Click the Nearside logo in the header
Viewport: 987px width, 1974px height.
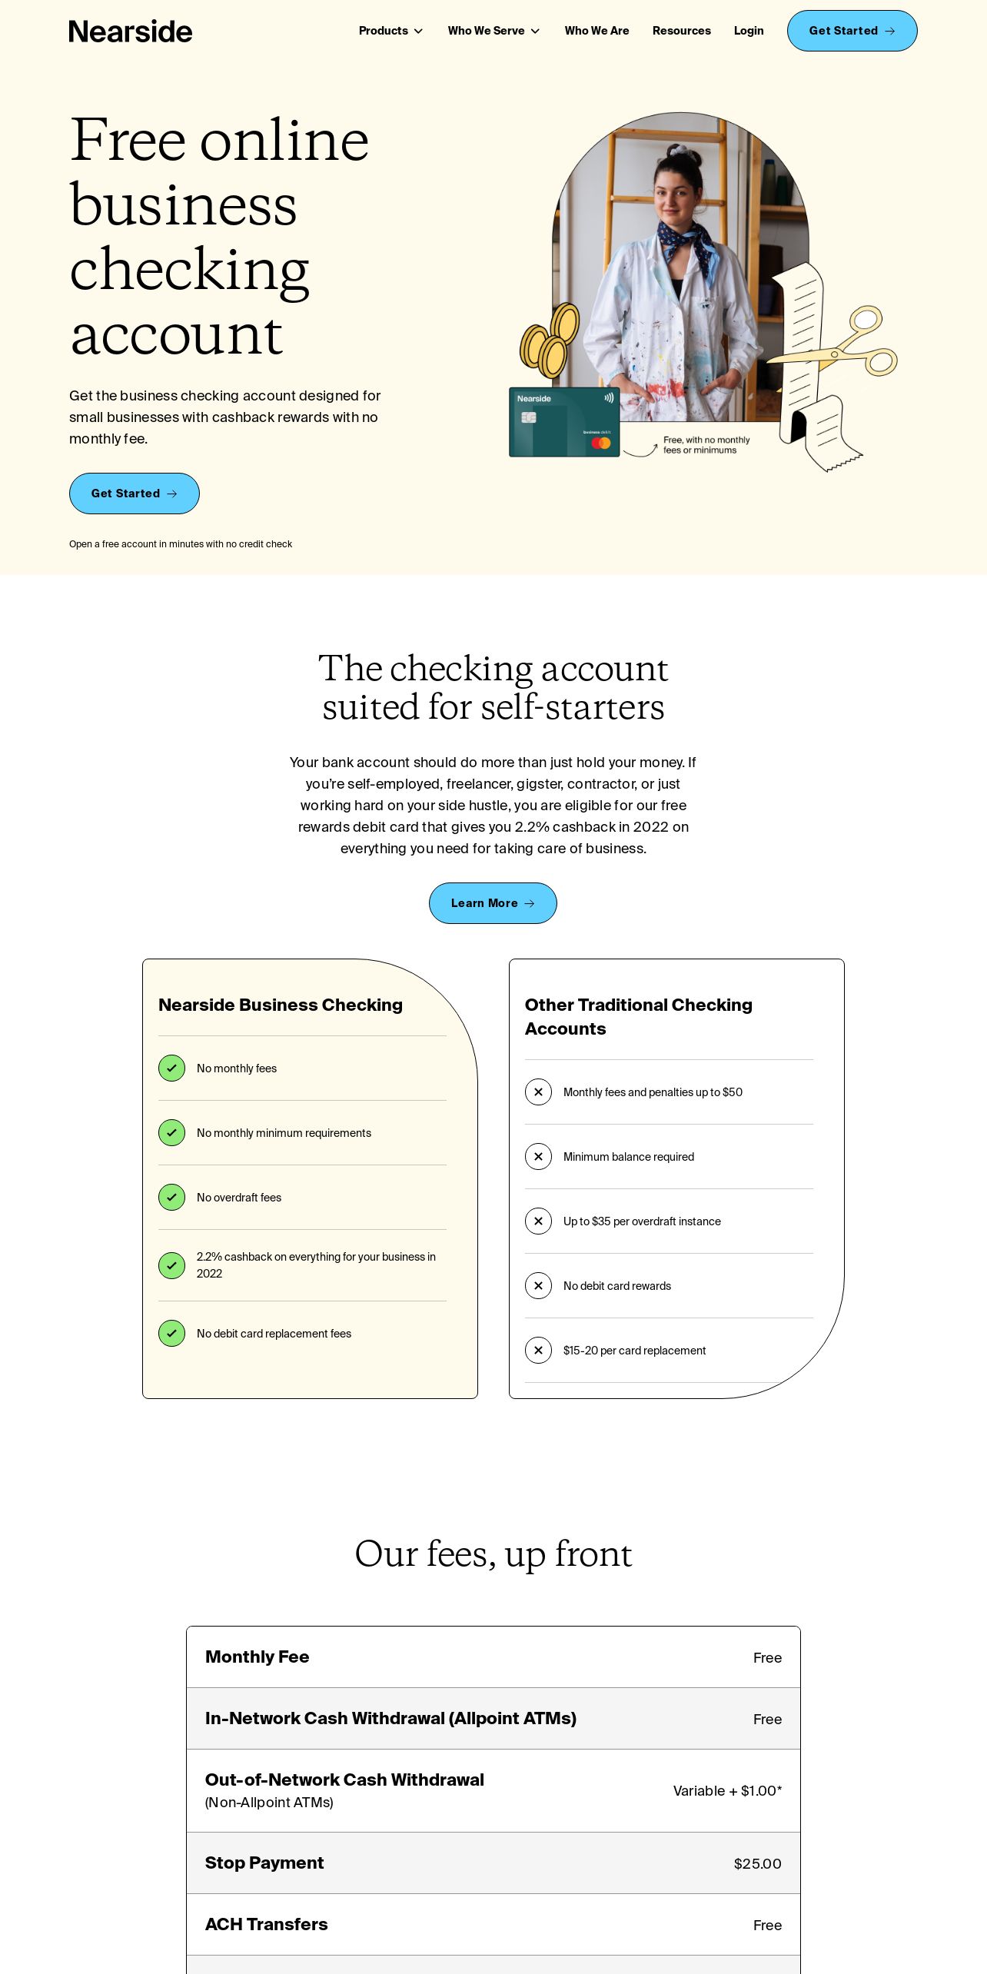click(131, 32)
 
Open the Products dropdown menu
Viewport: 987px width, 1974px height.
click(390, 31)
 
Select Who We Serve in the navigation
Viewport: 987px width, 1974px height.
click(493, 31)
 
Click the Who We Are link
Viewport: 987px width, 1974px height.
click(597, 31)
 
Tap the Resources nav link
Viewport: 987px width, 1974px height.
click(681, 31)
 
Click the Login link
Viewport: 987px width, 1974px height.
click(748, 31)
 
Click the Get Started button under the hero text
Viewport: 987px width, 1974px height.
click(135, 493)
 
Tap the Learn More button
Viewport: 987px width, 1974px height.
click(493, 903)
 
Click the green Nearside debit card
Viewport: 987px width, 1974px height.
click(564, 422)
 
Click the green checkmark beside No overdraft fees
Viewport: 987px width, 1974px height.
click(171, 1198)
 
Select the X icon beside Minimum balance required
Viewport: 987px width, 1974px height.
click(538, 1157)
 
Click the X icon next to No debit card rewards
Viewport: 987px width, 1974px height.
click(538, 1286)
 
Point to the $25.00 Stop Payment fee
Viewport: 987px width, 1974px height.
click(757, 1863)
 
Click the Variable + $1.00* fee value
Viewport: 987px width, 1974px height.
click(727, 1791)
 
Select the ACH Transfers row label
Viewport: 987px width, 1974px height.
click(266, 1924)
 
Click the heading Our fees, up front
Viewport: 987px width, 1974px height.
click(493, 1554)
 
